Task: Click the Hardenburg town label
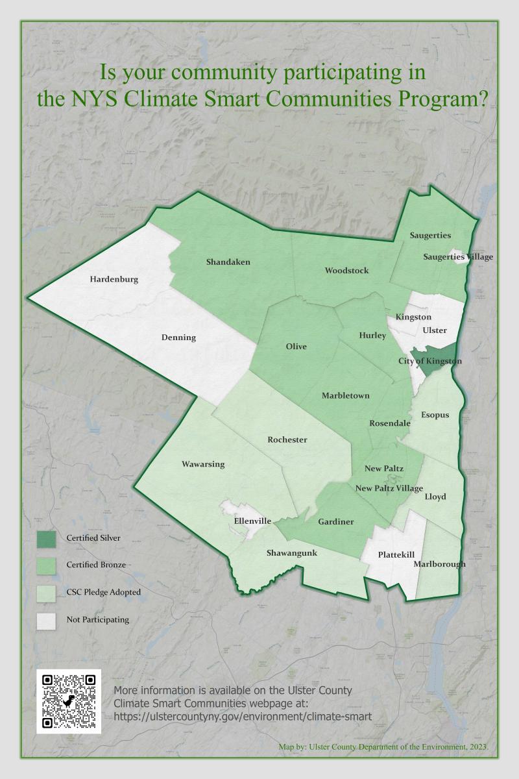[x=114, y=280]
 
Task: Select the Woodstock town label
[x=346, y=270]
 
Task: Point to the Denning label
[x=178, y=338]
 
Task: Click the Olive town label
[x=296, y=347]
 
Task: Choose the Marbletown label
[x=346, y=395]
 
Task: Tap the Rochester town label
[x=287, y=439]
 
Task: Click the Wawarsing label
[x=203, y=464]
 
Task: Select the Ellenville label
[x=252, y=521]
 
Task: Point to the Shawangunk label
[x=292, y=553]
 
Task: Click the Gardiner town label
[x=335, y=521]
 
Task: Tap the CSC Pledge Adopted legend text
[x=103, y=592]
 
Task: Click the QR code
[x=68, y=702]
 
